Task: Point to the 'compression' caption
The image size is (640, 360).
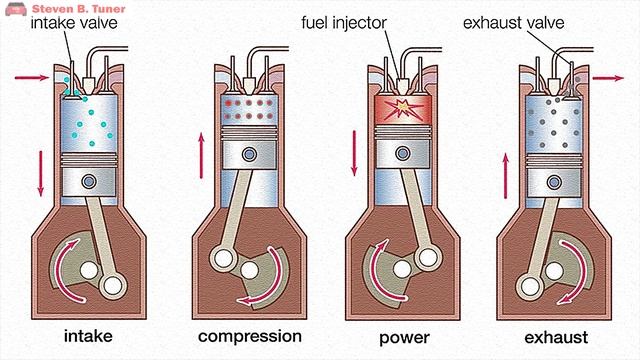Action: [249, 335]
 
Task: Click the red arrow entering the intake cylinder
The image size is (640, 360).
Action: [28, 76]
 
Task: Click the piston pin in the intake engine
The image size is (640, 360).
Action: [90, 181]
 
